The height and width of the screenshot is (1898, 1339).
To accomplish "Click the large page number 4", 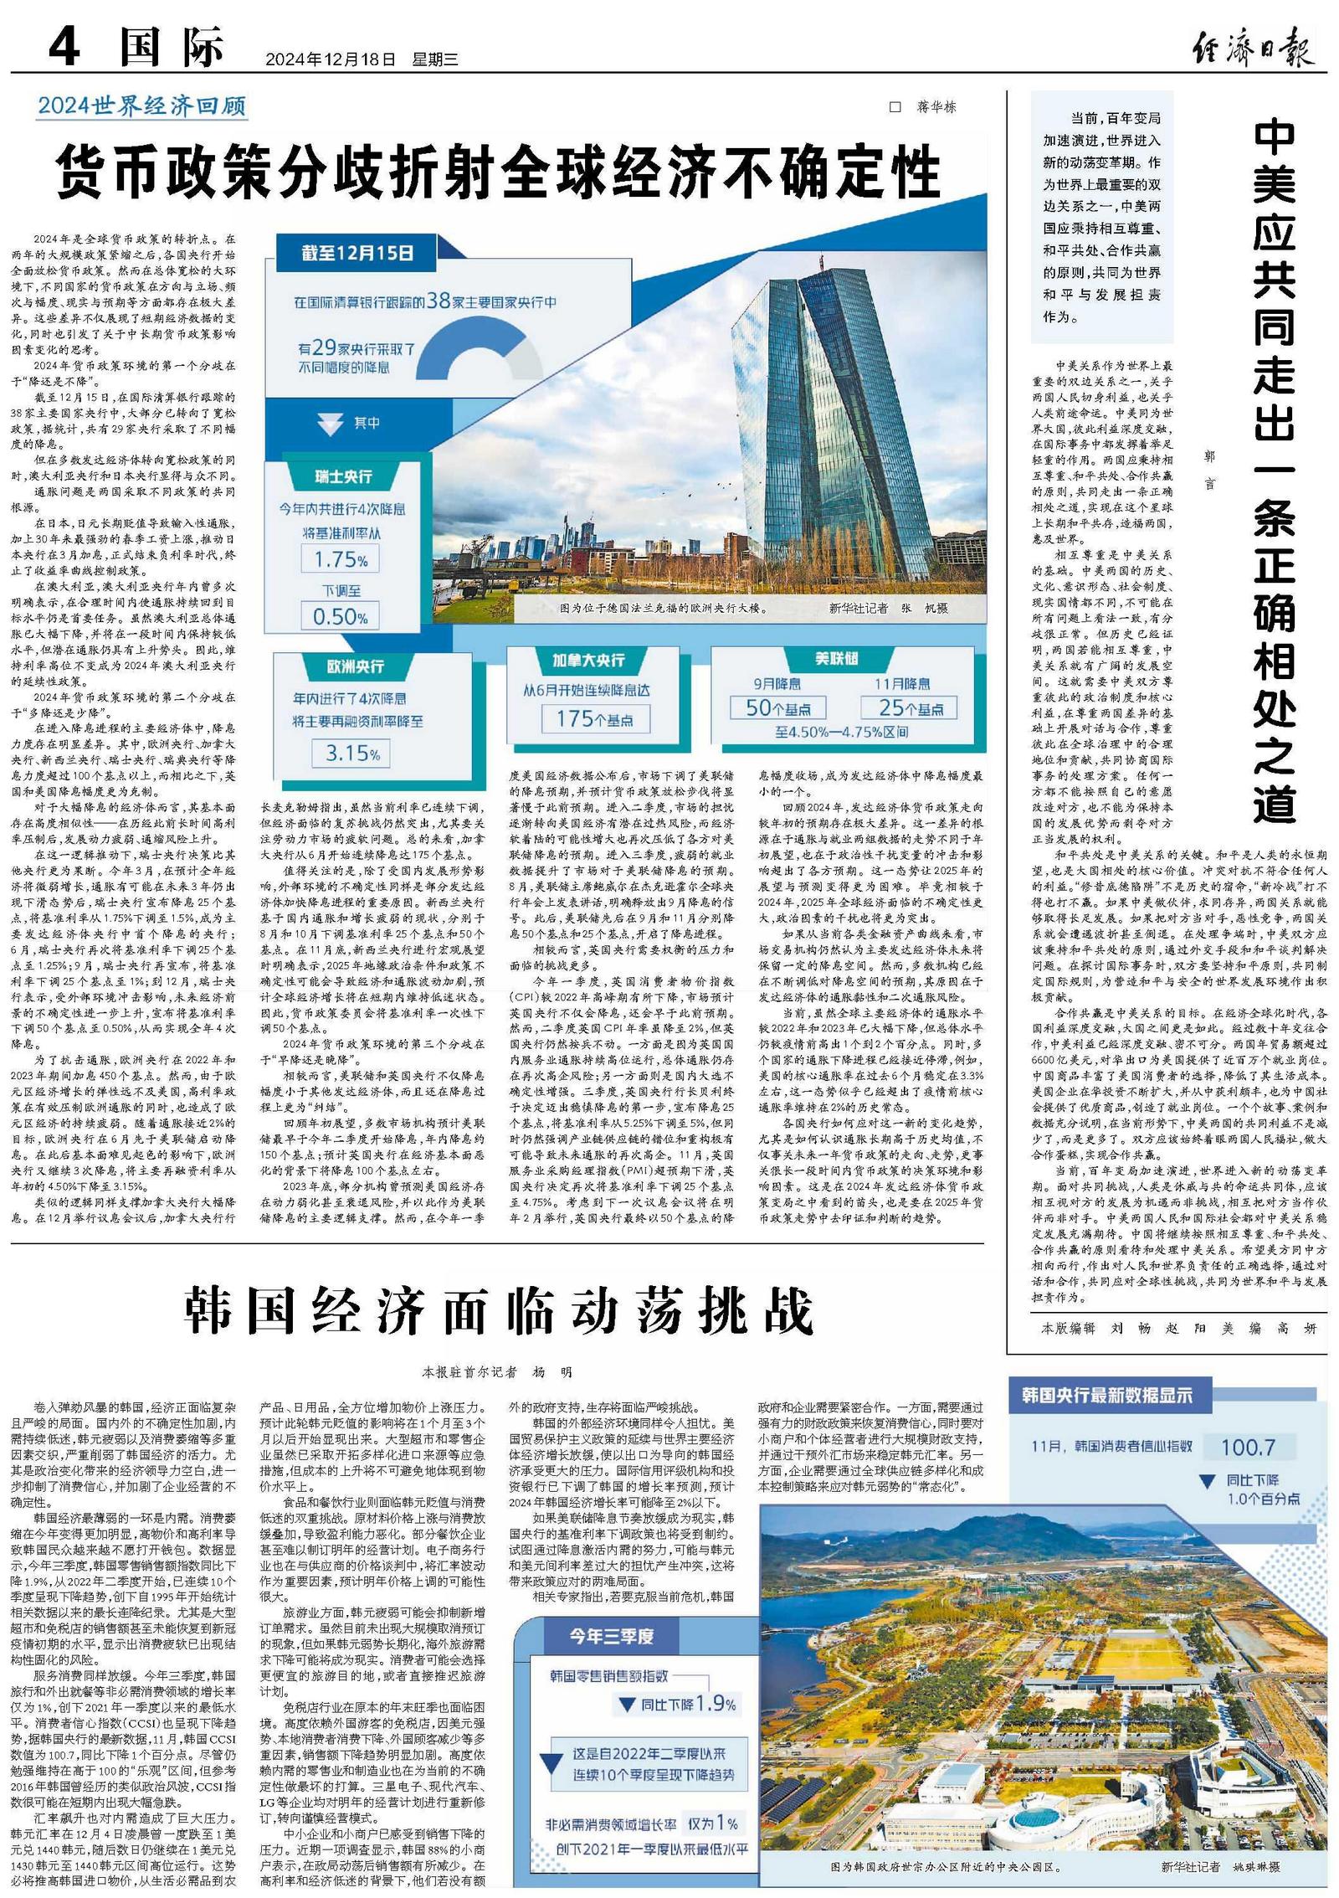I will (x=64, y=48).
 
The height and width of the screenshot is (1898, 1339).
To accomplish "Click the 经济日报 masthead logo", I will (x=1253, y=47).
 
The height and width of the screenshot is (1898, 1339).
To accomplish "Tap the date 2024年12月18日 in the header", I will (x=330, y=59).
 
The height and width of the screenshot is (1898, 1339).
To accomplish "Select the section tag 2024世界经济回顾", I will (x=141, y=106).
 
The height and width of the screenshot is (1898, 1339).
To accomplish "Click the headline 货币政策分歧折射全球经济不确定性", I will (x=499, y=172).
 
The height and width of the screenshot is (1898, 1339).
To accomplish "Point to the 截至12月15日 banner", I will (x=357, y=252).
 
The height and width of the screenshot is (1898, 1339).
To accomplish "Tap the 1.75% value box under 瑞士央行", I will (x=341, y=559).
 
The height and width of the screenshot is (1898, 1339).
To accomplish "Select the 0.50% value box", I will (x=340, y=617).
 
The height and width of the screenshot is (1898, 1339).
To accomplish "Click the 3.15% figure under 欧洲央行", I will (x=351, y=753).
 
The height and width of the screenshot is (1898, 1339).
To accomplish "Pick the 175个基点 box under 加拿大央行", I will (x=595, y=718).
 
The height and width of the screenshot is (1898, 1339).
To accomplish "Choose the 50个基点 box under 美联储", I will (x=777, y=708).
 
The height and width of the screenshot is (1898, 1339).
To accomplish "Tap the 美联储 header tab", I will (x=836, y=659).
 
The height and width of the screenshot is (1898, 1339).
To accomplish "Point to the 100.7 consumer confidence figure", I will (x=1248, y=1446).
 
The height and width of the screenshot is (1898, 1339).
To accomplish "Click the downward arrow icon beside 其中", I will (x=331, y=424).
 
